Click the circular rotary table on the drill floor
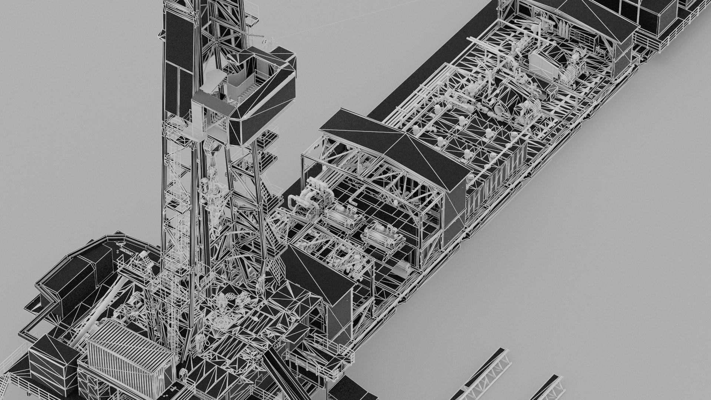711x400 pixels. [222, 322]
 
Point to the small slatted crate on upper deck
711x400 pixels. [552, 89]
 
